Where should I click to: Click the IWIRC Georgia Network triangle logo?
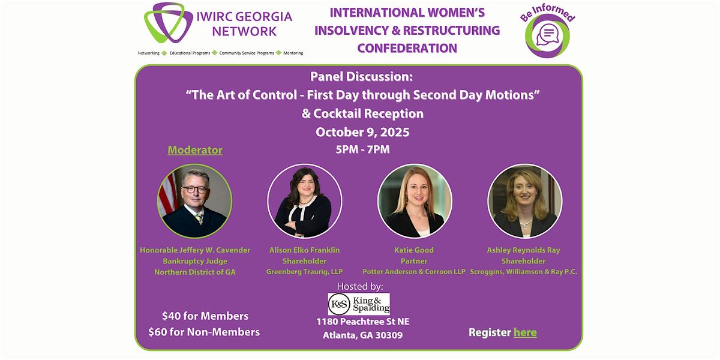(x=169, y=23)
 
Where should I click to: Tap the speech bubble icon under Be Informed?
(x=548, y=35)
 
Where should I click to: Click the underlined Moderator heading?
(x=195, y=150)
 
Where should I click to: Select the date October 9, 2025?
(x=362, y=132)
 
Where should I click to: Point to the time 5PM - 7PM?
(x=362, y=149)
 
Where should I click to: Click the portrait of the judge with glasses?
(x=194, y=201)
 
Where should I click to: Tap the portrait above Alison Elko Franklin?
(x=304, y=201)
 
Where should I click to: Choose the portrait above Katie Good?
(x=415, y=201)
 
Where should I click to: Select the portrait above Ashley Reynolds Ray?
(x=525, y=201)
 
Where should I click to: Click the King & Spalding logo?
(x=359, y=304)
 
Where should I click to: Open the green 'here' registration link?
(x=525, y=332)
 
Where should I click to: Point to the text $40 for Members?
(x=205, y=316)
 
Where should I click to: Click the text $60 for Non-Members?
(x=204, y=332)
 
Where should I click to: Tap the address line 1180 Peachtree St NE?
(x=363, y=322)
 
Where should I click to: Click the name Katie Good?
(x=414, y=250)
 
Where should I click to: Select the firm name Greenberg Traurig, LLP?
(x=304, y=272)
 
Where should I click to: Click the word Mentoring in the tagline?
(x=293, y=53)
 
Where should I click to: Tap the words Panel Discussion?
(x=361, y=77)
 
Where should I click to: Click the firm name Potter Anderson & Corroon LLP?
(x=414, y=272)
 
